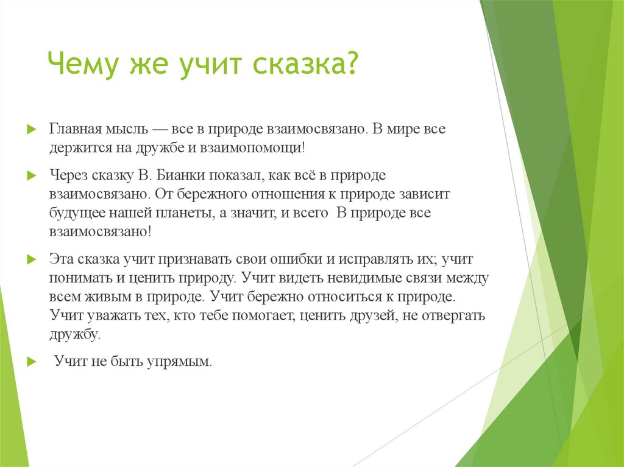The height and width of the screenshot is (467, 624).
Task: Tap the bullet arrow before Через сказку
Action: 31,176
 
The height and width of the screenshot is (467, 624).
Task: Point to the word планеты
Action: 177,214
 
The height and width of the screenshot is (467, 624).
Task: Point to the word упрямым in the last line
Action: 179,361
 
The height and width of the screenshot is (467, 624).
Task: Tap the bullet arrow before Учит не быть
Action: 31,362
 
